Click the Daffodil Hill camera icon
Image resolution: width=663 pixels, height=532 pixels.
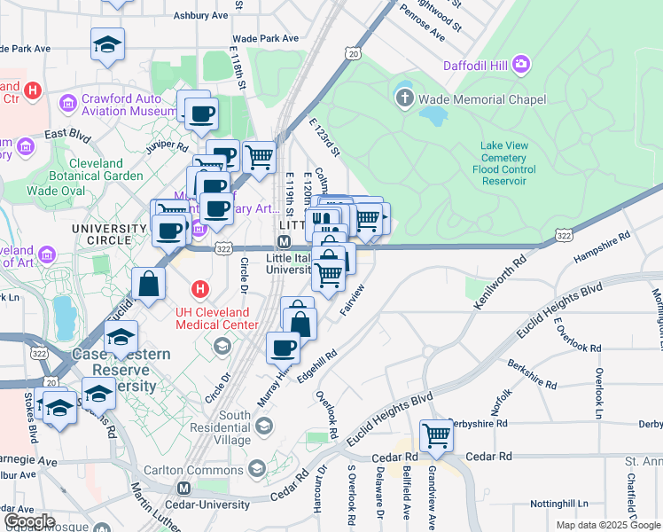pyautogui.click(x=520, y=64)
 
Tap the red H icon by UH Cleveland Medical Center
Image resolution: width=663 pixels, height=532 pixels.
pyautogui.click(x=201, y=289)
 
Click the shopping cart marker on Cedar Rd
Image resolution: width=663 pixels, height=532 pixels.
pyautogui.click(x=436, y=435)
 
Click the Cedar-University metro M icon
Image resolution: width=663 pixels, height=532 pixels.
pyautogui.click(x=184, y=489)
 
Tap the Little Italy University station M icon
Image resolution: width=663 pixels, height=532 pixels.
pyautogui.click(x=285, y=241)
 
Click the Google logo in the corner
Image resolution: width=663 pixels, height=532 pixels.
pyautogui.click(x=29, y=521)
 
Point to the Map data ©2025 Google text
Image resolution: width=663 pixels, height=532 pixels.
pyautogui.click(x=607, y=525)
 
